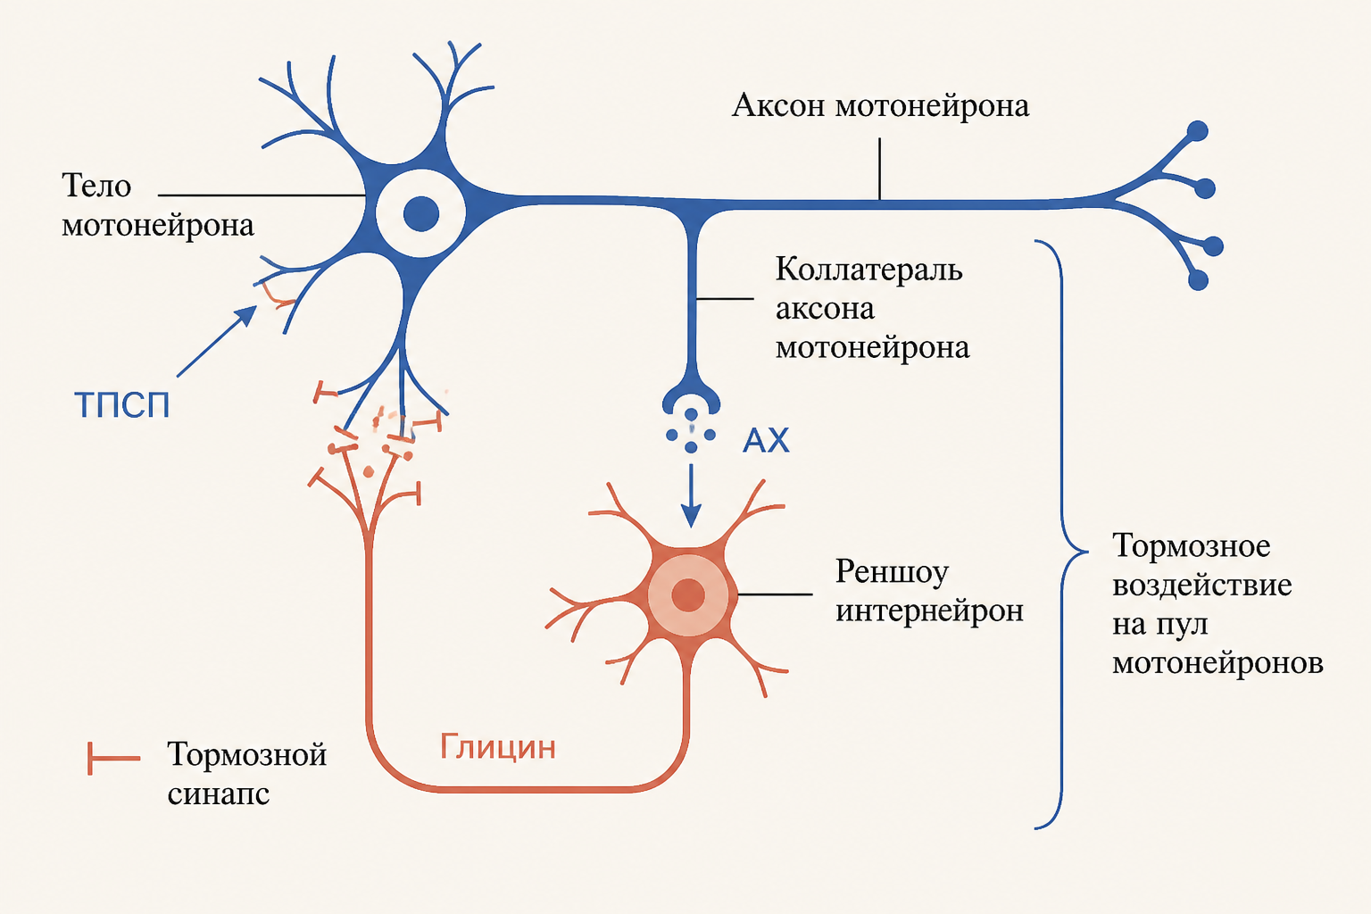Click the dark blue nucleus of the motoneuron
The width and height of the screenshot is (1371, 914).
421,213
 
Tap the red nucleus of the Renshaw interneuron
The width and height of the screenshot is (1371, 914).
688,594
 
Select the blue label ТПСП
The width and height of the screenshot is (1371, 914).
121,404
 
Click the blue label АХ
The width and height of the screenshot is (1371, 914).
766,439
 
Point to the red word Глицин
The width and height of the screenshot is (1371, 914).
497,747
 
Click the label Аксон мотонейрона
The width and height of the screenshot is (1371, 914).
880,105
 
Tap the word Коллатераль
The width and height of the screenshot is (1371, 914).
868,270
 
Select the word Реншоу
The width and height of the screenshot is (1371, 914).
892,572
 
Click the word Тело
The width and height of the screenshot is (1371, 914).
96,185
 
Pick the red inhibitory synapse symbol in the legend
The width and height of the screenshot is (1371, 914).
114,759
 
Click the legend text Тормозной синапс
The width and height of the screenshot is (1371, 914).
246,774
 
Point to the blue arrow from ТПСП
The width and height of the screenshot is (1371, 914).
217,341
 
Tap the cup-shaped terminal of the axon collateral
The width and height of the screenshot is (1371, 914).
691,400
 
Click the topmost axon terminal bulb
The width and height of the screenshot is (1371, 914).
1197,131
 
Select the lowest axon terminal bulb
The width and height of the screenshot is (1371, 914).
1198,280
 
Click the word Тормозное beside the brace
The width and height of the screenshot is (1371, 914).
1191,545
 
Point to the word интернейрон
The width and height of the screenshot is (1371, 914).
930,611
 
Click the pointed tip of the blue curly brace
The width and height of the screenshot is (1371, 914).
1087,552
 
